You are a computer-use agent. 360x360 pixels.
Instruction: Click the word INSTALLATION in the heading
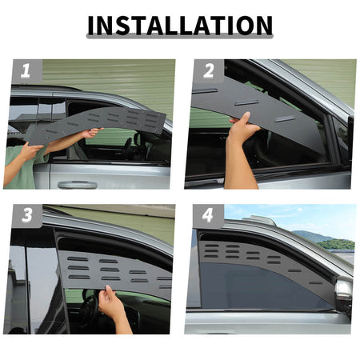(180, 26)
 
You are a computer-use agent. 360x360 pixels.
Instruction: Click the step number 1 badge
(27, 71)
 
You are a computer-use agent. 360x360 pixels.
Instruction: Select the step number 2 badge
(209, 71)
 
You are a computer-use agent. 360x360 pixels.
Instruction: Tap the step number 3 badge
(27, 215)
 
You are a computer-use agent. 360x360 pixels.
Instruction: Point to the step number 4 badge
(208, 215)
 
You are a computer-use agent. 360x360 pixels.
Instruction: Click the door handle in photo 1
(78, 185)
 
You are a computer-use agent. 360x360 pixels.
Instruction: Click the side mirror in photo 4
(344, 294)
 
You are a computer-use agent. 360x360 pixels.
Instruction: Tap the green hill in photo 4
(337, 244)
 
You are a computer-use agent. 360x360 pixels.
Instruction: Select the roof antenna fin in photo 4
(259, 220)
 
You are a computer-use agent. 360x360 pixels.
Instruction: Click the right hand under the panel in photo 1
(90, 133)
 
